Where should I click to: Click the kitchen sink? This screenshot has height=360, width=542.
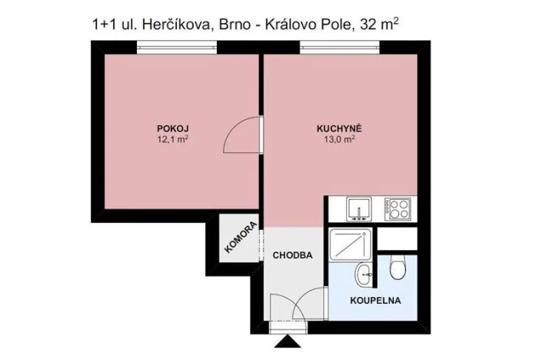(x=359, y=208)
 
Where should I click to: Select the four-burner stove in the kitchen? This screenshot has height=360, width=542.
(x=396, y=208)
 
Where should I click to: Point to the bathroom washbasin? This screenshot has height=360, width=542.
(x=364, y=272)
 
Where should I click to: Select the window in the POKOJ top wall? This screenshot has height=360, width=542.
(x=177, y=48)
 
